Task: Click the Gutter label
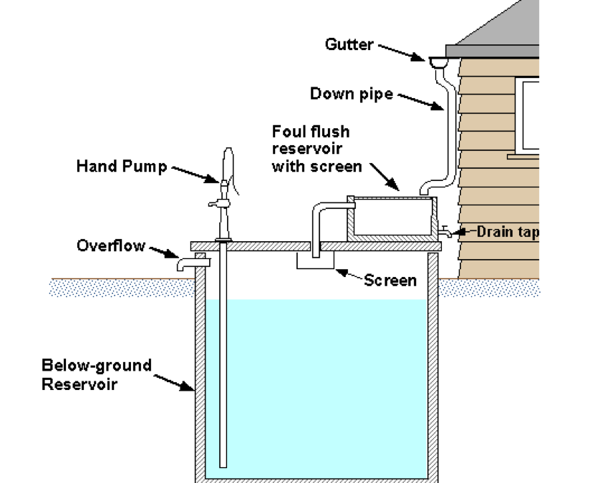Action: pos(349,44)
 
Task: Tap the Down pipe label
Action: pos(351,94)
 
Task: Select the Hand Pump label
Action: pos(121,167)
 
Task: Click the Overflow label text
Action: pos(111,246)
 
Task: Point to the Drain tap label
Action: pos(507,231)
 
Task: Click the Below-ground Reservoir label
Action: pos(96,374)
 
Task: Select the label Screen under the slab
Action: pos(390,280)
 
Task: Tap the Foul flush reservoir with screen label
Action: pos(311,149)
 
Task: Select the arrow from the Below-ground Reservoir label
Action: pos(175,381)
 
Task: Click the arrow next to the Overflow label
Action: pos(164,251)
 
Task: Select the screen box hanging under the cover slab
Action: pos(316,261)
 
